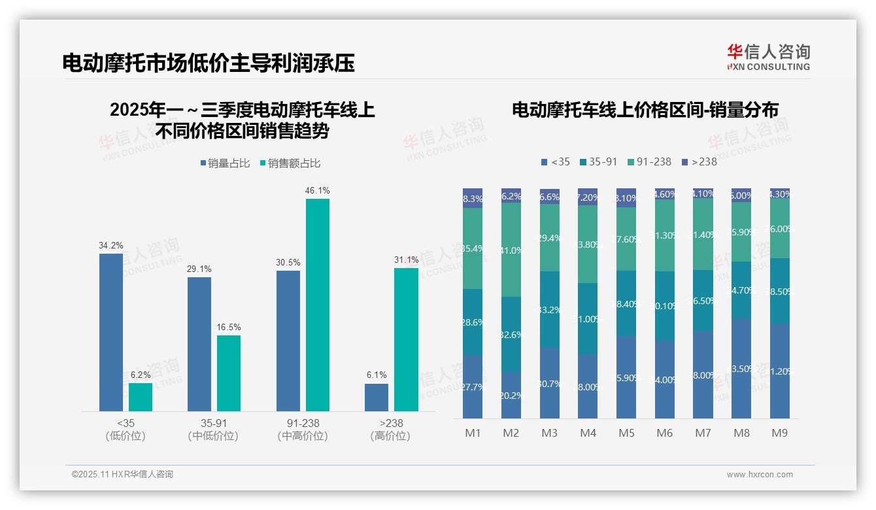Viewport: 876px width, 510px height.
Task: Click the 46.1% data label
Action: pyautogui.click(x=317, y=191)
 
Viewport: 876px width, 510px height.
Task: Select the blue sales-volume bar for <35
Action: pyautogui.click(x=111, y=332)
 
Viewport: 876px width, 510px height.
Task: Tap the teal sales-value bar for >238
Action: pyautogui.click(x=406, y=339)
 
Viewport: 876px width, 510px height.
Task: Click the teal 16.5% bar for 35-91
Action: pyautogui.click(x=229, y=373)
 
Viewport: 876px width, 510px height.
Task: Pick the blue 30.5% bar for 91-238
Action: pyautogui.click(x=288, y=341)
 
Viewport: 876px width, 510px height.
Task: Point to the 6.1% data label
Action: pyautogui.click(x=377, y=375)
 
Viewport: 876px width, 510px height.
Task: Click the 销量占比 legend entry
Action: pyautogui.click(x=225, y=163)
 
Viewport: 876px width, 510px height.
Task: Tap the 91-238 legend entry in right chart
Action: pyautogui.click(x=649, y=161)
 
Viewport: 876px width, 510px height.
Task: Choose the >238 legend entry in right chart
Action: pyautogui.click(x=699, y=161)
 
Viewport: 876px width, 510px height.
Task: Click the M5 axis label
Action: pyautogui.click(x=627, y=433)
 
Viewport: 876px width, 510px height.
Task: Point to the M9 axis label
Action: pyautogui.click(x=780, y=433)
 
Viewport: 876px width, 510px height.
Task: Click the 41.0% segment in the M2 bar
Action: pyautogui.click(x=511, y=250)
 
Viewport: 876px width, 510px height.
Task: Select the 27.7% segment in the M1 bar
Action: pyautogui.click(x=473, y=387)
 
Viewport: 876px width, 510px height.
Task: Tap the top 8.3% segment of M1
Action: pyautogui.click(x=473, y=199)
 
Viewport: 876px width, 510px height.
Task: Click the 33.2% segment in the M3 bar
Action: pyautogui.click(x=550, y=309)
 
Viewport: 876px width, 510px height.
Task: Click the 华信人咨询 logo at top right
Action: pyautogui.click(x=768, y=57)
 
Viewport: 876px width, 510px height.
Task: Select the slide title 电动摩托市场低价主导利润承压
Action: pyautogui.click(x=209, y=63)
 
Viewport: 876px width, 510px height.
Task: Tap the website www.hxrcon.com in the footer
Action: pyautogui.click(x=760, y=475)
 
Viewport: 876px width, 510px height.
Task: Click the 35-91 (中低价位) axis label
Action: pyautogui.click(x=213, y=430)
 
